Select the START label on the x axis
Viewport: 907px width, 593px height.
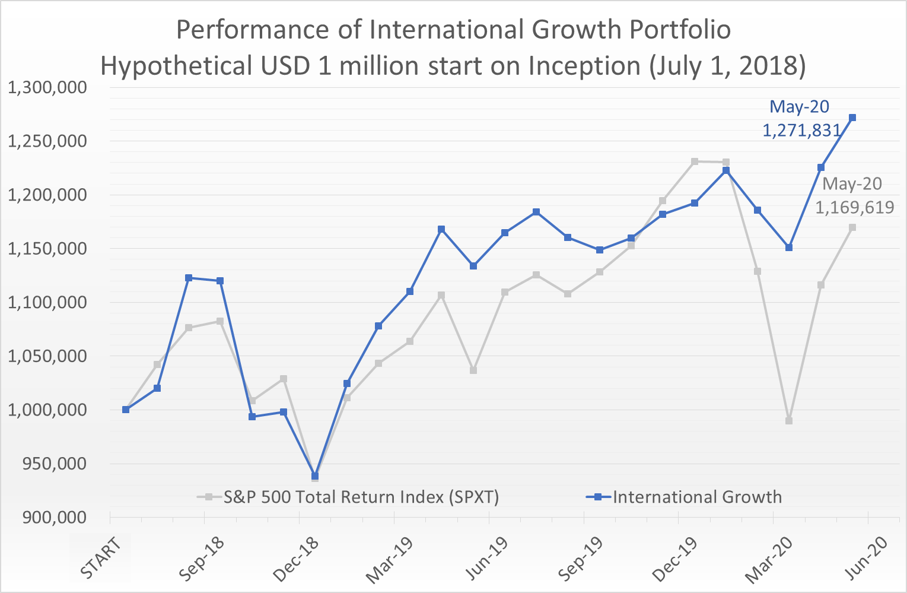point(101,557)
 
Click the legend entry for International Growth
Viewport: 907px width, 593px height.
point(696,497)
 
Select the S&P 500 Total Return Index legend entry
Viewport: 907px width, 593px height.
point(361,497)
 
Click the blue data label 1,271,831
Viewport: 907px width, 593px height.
point(801,130)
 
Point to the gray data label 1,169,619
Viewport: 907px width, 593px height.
point(854,207)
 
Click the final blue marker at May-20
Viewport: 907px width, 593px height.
point(852,118)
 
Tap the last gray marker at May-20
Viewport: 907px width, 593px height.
point(852,227)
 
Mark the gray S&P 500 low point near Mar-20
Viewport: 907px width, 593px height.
point(789,421)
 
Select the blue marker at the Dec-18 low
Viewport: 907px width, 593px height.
point(315,476)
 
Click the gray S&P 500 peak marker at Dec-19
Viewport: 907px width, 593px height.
point(695,161)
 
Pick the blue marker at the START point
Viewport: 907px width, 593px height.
point(126,410)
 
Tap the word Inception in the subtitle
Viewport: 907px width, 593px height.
point(584,66)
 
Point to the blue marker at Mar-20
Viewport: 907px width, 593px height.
point(789,248)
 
